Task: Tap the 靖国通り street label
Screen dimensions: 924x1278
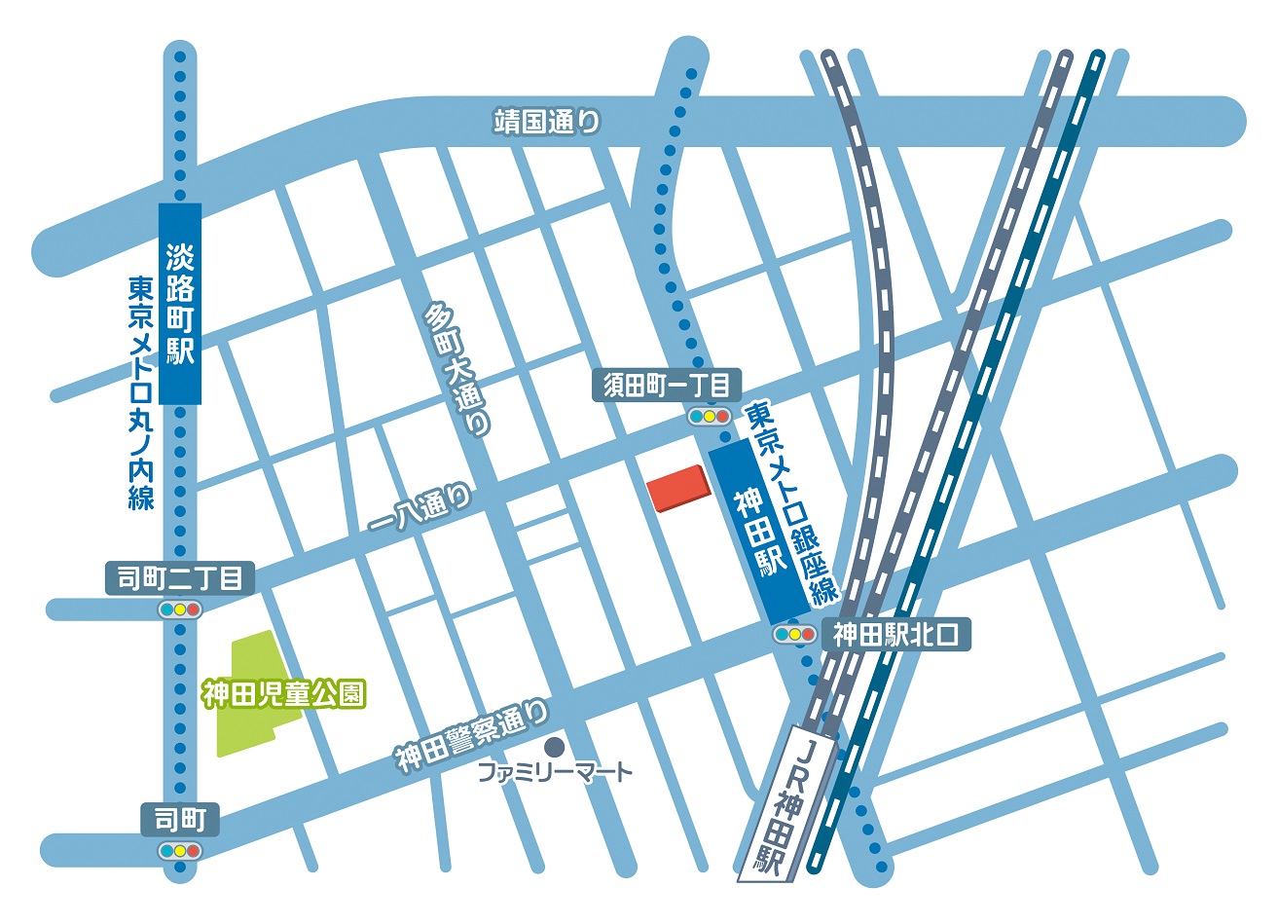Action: tap(547, 122)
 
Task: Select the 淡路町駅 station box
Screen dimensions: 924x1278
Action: tap(180, 304)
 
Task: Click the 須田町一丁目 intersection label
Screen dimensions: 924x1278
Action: tap(667, 386)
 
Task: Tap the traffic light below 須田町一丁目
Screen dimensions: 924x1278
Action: tap(709, 416)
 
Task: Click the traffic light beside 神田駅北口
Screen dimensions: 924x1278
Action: tap(793, 635)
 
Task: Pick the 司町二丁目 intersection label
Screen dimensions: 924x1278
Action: tap(180, 578)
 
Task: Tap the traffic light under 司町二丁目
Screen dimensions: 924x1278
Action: tap(180, 610)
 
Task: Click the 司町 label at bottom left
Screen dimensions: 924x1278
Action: tap(180, 820)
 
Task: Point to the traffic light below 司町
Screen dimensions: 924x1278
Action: tap(180, 851)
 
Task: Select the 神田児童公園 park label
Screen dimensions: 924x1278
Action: tap(283, 694)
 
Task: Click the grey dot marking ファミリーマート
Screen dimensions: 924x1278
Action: tap(555, 747)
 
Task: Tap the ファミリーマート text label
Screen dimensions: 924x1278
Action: tap(555, 773)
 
